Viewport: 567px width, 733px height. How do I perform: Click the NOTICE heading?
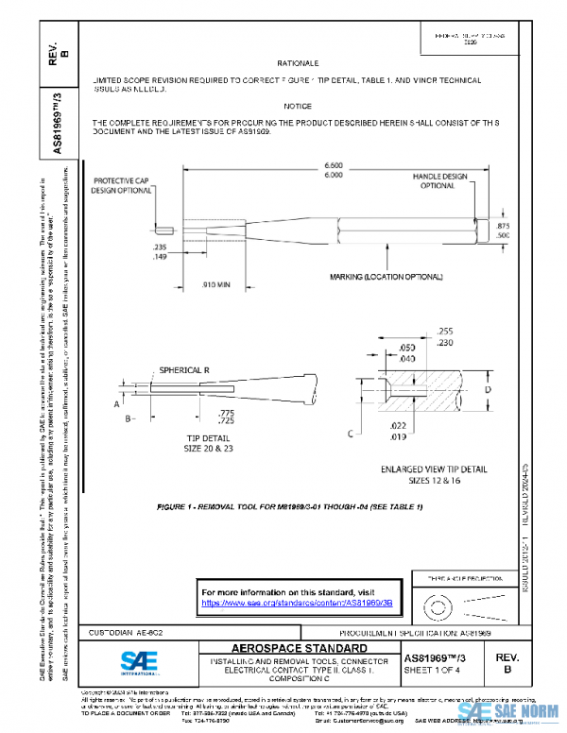[x=297, y=107]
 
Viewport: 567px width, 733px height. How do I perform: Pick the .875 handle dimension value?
[x=502, y=227]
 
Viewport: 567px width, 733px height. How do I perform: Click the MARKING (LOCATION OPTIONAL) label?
[x=387, y=277]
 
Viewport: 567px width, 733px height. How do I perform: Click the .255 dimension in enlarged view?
[x=446, y=332]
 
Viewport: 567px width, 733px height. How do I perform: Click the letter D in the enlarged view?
[x=488, y=389]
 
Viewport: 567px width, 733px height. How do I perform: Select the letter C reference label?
[x=351, y=435]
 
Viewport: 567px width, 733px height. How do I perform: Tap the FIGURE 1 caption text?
[x=290, y=508]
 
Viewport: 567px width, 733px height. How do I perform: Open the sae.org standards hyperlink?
[x=288, y=602]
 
